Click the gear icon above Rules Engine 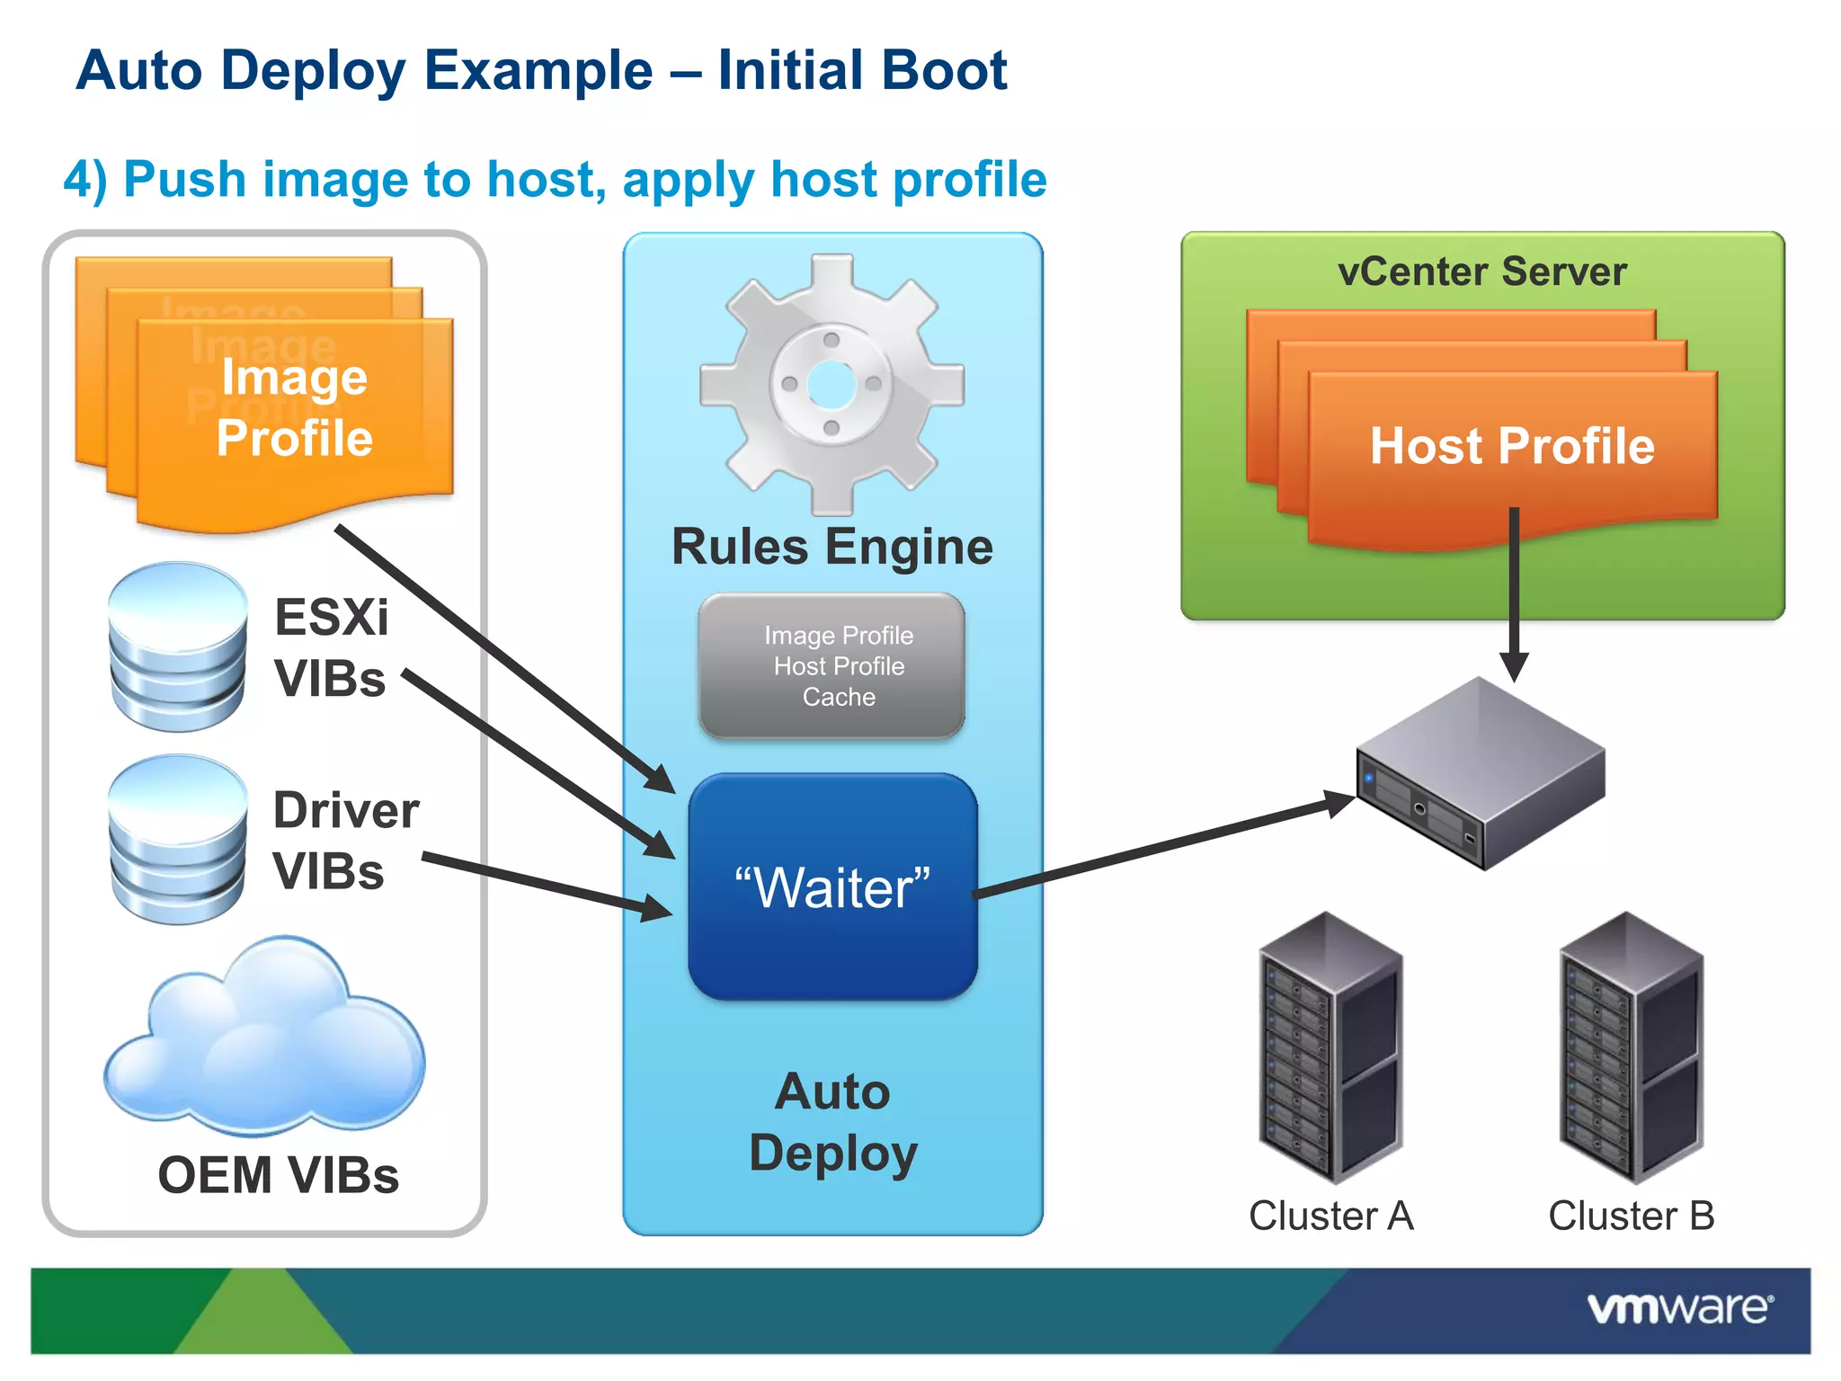tap(832, 384)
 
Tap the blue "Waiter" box tap(832, 887)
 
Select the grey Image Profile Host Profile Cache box tap(832, 666)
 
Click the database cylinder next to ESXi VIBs tap(177, 646)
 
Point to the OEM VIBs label tap(278, 1174)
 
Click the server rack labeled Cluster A tap(1330, 1047)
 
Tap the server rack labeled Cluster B tap(1631, 1047)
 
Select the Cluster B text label tap(1631, 1216)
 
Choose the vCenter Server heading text tap(1481, 272)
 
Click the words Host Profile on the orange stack tap(1512, 446)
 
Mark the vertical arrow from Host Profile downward tap(1514, 593)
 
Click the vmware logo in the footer tap(1679, 1308)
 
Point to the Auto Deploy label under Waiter tap(832, 1122)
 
